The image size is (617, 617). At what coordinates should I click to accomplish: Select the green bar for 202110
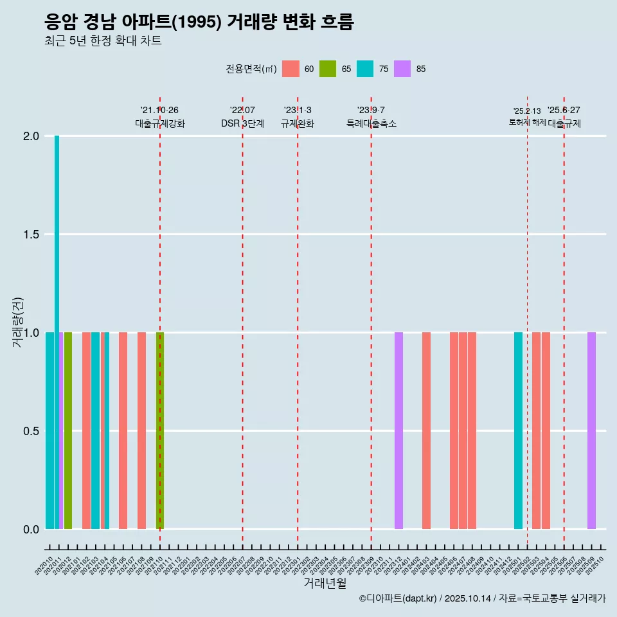(x=160, y=431)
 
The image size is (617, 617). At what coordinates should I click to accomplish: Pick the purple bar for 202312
(x=398, y=431)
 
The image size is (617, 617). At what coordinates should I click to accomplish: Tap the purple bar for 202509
(x=591, y=431)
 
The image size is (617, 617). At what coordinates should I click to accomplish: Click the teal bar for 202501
(x=518, y=431)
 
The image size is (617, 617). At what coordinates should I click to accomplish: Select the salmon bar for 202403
(x=426, y=431)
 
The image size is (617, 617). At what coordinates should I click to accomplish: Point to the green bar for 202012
(x=68, y=431)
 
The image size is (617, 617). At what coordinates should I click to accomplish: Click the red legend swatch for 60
(x=291, y=69)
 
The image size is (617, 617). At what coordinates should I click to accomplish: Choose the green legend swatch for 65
(x=328, y=69)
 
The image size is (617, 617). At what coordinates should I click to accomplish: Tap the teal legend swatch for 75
(x=365, y=69)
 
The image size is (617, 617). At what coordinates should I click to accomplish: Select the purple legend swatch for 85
(x=402, y=69)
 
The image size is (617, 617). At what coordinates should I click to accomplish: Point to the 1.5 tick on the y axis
(x=31, y=235)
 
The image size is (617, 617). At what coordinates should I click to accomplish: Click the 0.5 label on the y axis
(x=31, y=431)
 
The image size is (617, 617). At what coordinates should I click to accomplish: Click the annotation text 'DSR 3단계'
(x=242, y=123)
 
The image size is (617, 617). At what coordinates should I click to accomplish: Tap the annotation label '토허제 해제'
(x=527, y=122)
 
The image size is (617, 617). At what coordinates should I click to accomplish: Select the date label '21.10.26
(x=159, y=110)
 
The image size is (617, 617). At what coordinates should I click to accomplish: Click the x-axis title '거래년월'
(x=325, y=584)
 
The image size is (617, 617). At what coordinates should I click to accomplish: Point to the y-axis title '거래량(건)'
(x=17, y=321)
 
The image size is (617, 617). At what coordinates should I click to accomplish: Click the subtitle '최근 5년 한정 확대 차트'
(x=103, y=41)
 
